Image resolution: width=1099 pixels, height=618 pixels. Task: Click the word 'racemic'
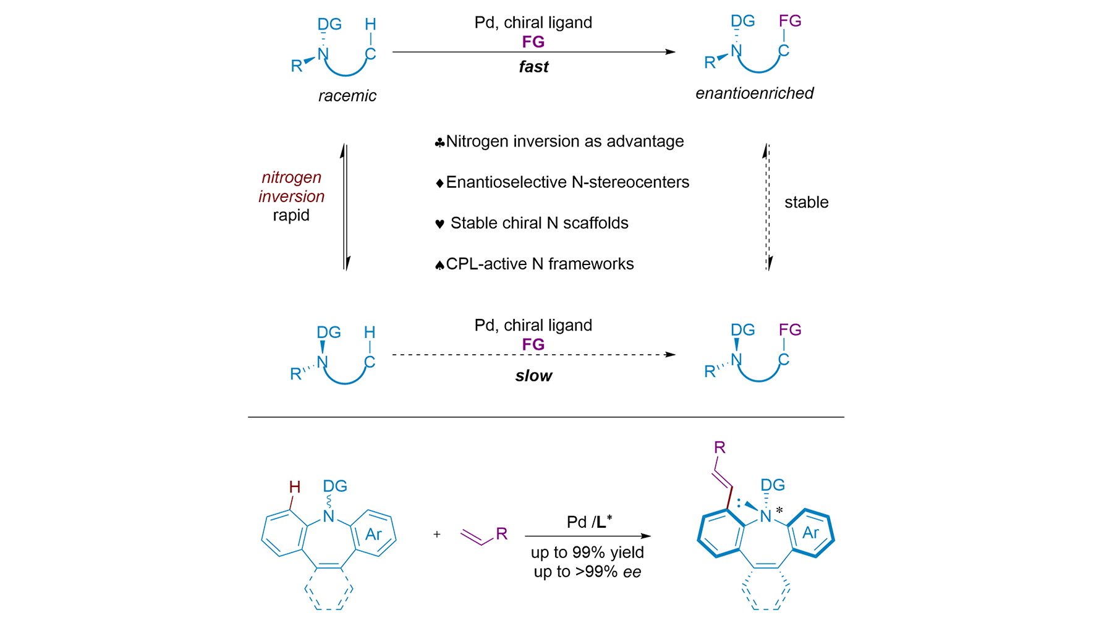pyautogui.click(x=347, y=96)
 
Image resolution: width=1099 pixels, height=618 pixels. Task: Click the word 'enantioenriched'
pyautogui.click(x=754, y=93)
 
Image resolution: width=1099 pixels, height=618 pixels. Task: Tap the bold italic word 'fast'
pyautogui.click(x=533, y=67)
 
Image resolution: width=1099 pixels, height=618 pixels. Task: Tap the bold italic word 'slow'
pyautogui.click(x=533, y=376)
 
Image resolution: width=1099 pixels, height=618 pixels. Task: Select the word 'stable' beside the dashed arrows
pyautogui.click(x=806, y=202)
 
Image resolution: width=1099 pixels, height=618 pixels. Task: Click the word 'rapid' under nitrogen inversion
pyautogui.click(x=291, y=215)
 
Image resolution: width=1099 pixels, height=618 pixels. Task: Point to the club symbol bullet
pyautogui.click(x=439, y=143)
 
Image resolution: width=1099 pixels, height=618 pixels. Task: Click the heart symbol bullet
pyautogui.click(x=439, y=224)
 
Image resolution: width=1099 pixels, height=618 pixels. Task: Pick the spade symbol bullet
pyautogui.click(x=439, y=265)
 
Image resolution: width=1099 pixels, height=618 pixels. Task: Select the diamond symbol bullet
pyautogui.click(x=439, y=183)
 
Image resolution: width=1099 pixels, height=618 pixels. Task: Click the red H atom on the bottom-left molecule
pyautogui.click(x=295, y=487)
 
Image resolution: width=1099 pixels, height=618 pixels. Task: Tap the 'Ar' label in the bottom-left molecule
pyautogui.click(x=373, y=535)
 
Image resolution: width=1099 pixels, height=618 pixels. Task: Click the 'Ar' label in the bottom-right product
pyautogui.click(x=811, y=533)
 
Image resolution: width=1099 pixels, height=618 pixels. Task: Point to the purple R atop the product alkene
pyautogui.click(x=719, y=447)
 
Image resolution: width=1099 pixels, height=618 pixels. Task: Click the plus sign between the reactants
pyautogui.click(x=437, y=535)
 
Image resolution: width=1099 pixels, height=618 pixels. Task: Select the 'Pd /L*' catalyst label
pyautogui.click(x=589, y=522)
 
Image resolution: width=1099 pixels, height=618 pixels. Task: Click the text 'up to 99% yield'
pyautogui.click(x=587, y=552)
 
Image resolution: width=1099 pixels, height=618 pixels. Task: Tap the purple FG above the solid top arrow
pyautogui.click(x=533, y=42)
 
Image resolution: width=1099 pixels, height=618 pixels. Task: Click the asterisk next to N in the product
pyautogui.click(x=779, y=510)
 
